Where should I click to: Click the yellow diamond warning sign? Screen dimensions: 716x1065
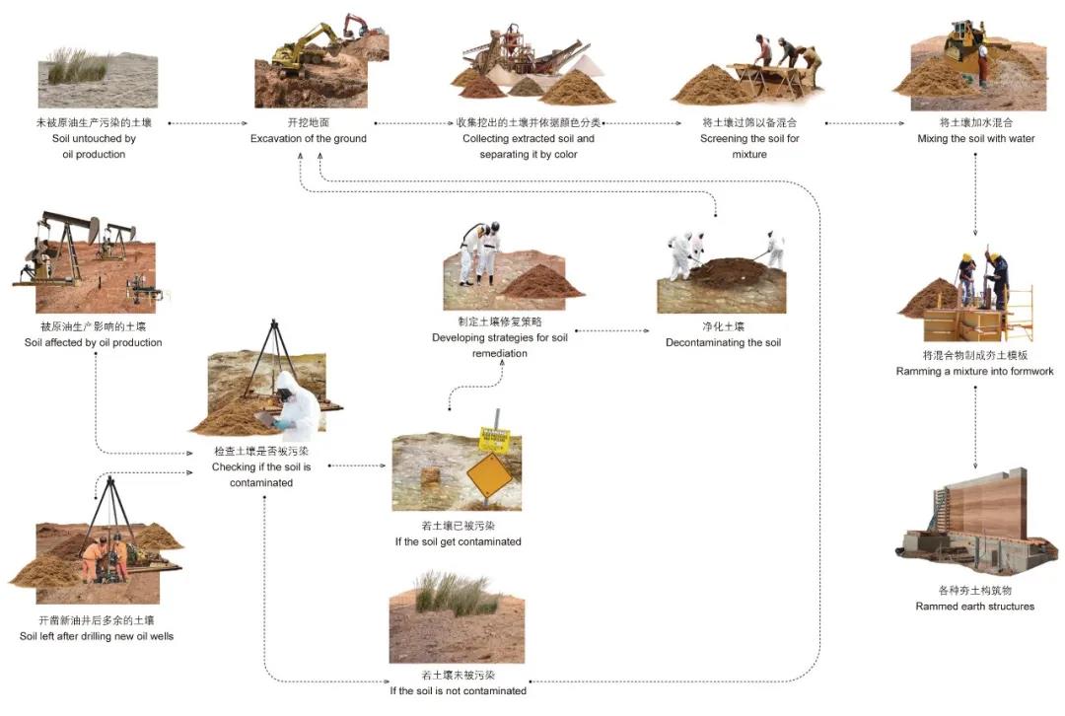pyautogui.click(x=490, y=476)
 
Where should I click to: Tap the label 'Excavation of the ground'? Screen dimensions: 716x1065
pyautogui.click(x=308, y=139)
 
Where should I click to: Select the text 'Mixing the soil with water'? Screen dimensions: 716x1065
pyautogui.click(x=975, y=139)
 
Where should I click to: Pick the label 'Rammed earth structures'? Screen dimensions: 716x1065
pyautogui.click(x=974, y=607)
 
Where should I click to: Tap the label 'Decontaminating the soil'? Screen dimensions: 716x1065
pyautogui.click(x=723, y=343)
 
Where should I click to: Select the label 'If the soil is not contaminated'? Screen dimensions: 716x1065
pyautogui.click(x=458, y=690)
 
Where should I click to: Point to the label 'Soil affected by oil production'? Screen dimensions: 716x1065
pyautogui.click(x=94, y=343)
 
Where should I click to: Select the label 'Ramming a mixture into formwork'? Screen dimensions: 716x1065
pyautogui.click(x=974, y=372)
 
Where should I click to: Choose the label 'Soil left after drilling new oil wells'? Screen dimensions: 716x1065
pyautogui.click(x=97, y=636)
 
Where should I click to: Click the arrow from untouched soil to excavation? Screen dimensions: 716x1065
pyautogui.click(x=207, y=123)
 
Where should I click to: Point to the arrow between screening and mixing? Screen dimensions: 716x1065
pyautogui.click(x=864, y=123)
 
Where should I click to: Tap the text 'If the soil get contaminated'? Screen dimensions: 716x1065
pyautogui.click(x=458, y=541)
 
